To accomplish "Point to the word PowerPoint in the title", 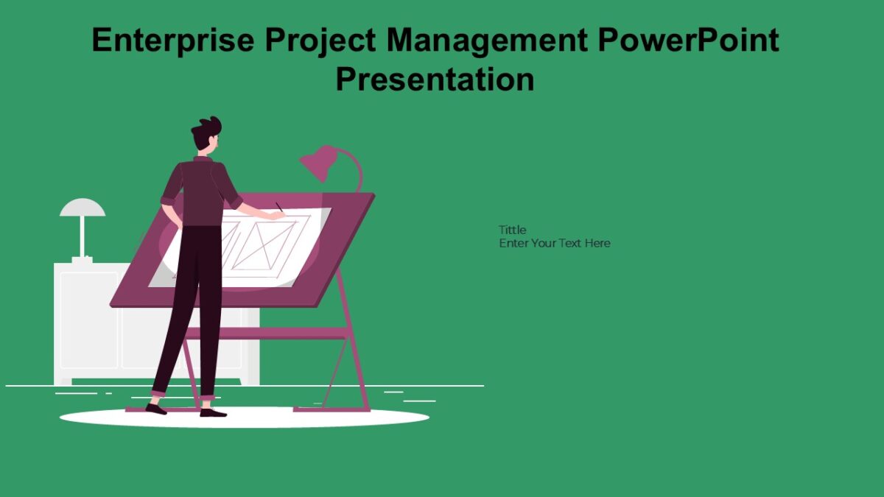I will (x=688, y=40).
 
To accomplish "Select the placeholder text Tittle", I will (x=513, y=230).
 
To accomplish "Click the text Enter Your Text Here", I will (x=555, y=243).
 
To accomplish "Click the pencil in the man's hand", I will (x=279, y=208).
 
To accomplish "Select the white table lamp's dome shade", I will (x=83, y=208).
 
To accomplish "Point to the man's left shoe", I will (x=155, y=409).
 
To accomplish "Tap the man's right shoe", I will (x=212, y=412).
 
